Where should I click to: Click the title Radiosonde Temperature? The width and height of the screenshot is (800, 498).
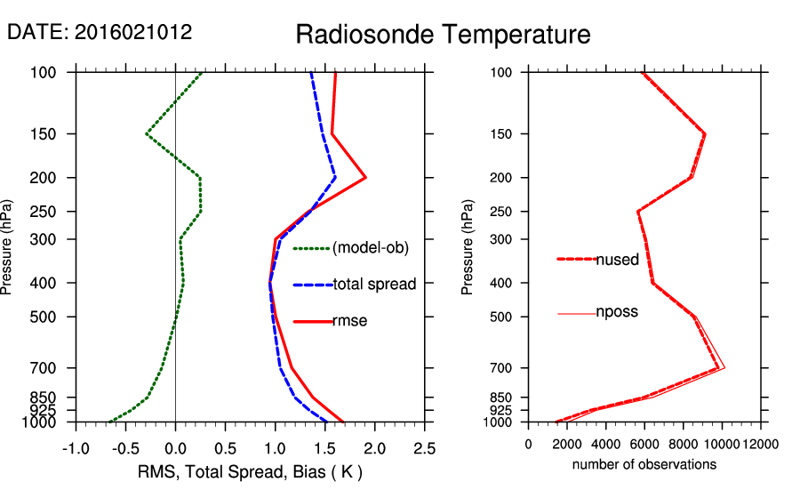coord(443,35)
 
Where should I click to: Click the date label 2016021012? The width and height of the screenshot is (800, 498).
coord(133,32)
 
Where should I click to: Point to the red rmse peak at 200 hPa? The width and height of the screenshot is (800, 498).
coord(365,178)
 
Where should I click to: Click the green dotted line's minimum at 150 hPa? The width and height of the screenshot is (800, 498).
coord(147,133)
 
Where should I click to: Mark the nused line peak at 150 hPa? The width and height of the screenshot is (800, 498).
coord(705,134)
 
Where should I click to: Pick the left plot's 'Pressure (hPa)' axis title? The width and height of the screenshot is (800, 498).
coord(8,248)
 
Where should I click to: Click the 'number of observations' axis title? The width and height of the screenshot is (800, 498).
coord(644,464)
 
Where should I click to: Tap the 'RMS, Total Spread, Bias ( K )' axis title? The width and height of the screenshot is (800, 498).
coord(250,470)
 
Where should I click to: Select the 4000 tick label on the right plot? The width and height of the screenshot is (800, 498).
coord(606,444)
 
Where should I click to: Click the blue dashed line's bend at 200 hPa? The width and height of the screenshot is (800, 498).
coord(335,178)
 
